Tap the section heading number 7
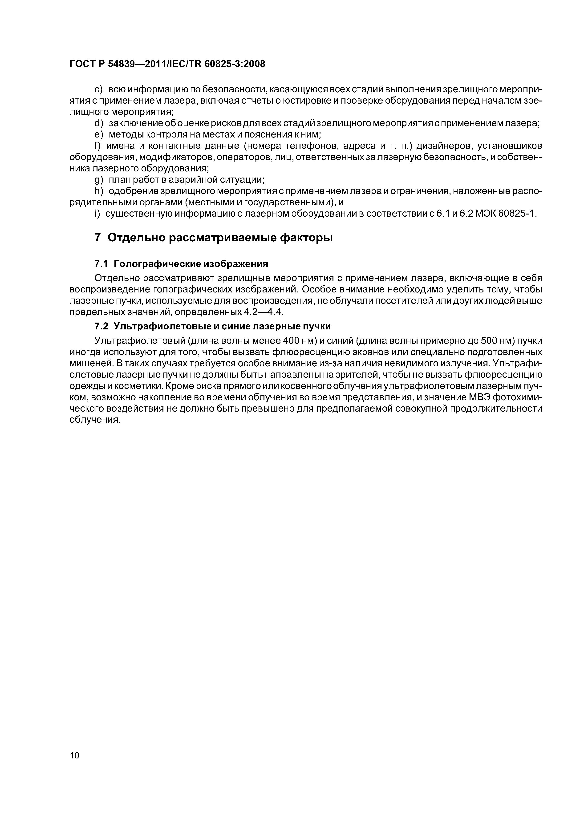tap(97, 238)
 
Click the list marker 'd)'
tap(98, 123)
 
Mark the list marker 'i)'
tap(97, 214)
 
